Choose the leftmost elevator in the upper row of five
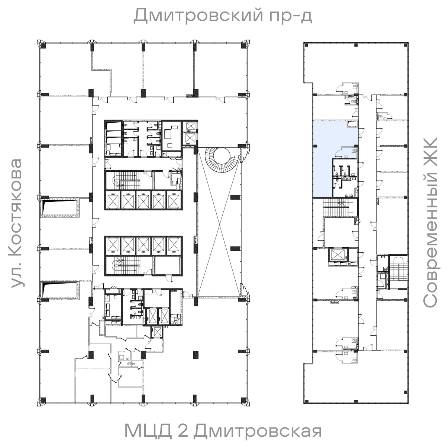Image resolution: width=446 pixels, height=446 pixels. coord(113,201)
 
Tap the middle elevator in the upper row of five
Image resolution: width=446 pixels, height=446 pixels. coord(143,201)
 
